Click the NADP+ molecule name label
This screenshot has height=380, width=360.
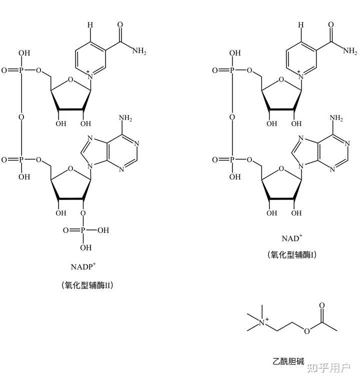tap(83, 266)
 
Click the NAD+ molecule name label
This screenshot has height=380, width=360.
tap(292, 238)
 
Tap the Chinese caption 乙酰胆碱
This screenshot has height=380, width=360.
tap(288, 361)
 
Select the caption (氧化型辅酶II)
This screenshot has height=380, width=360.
tap(87, 285)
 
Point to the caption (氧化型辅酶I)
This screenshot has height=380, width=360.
tap(292, 254)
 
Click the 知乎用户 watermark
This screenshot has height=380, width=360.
tap(329, 368)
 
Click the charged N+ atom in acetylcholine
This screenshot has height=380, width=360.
tap(263, 322)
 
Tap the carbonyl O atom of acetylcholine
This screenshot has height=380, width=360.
tap(321, 305)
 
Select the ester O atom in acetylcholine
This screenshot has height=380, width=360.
tap(306, 331)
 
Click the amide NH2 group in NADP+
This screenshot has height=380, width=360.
tap(139, 50)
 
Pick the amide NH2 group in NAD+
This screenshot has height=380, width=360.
tap(350, 50)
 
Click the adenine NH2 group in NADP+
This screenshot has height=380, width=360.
tap(125, 118)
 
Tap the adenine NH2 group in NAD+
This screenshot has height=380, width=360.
tap(336, 118)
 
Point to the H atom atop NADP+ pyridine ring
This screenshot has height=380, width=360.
tap(90, 24)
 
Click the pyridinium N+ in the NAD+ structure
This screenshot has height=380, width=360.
tap(300, 75)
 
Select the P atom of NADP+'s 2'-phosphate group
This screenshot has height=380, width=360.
tap(83, 230)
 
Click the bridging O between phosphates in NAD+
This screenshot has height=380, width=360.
tap(232, 117)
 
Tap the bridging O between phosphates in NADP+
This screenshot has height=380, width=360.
tap(21, 117)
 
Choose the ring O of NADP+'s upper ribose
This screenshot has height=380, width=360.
tap(70, 79)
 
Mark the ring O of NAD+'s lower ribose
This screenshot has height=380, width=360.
tap(281, 168)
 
